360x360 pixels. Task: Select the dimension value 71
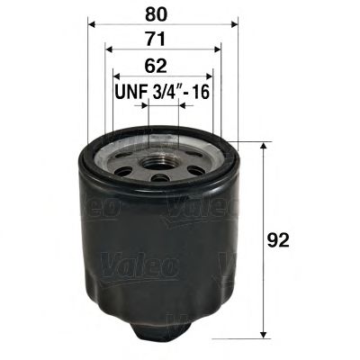coord(162,40)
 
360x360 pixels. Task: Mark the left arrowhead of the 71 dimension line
coord(108,50)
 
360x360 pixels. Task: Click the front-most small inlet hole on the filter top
coord(161,178)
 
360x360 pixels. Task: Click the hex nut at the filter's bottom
coord(162,332)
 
